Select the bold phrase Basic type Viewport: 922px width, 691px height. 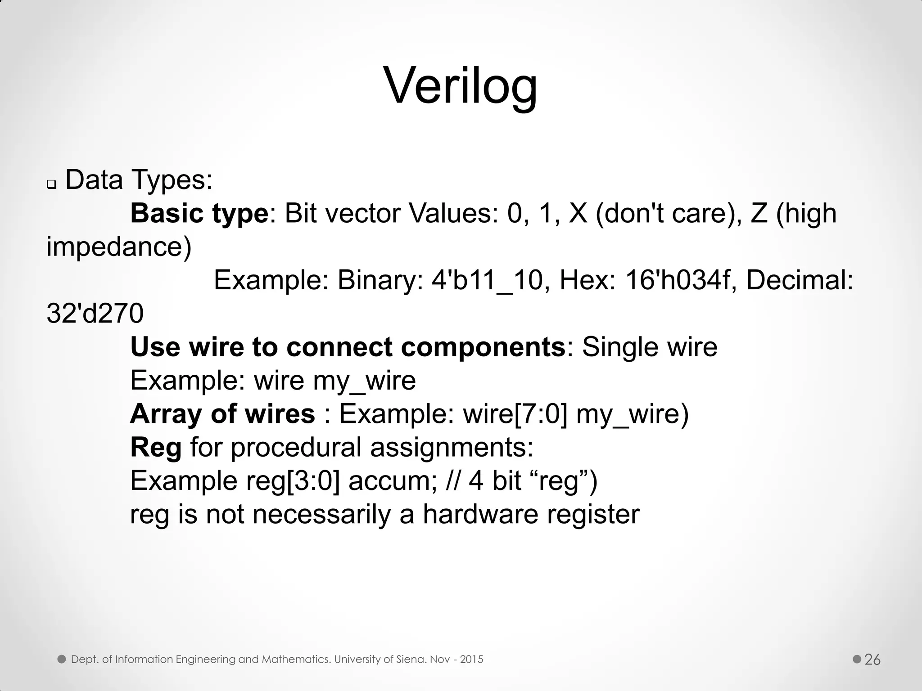point(199,213)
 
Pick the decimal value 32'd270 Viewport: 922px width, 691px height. point(95,313)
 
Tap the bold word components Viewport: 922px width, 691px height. point(483,346)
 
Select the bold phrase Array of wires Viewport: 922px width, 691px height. point(222,413)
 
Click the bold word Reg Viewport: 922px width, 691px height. point(156,447)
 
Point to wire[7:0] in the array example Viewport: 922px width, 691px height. point(515,413)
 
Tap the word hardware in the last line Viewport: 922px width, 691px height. point(480,514)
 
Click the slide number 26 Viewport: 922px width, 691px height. point(872,660)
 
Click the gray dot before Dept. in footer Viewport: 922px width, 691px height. point(62,660)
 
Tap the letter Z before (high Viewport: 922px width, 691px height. point(759,213)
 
